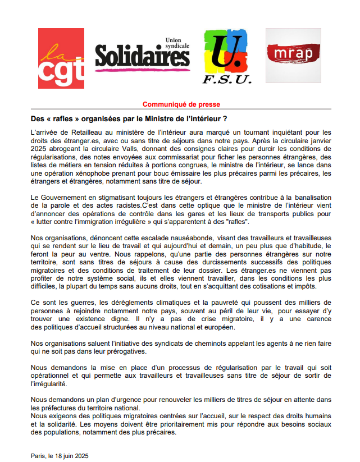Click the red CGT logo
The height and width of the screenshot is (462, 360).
pos(61,58)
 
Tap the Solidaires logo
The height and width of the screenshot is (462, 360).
pos(142,56)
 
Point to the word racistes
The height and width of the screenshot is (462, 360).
pos(119,206)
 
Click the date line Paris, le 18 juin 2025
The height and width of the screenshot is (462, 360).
pos(59,455)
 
